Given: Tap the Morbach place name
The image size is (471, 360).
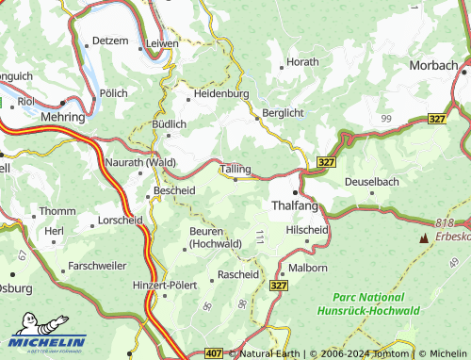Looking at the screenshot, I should tap(433, 65).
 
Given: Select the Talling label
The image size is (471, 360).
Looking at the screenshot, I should tap(236, 169).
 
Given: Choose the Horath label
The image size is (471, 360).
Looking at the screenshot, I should tap(302, 62).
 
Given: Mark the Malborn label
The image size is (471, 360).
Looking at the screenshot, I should tap(307, 268).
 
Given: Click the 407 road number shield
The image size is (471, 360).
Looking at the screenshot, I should tap(214, 353).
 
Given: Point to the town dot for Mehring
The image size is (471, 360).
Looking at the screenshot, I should tap(62, 103).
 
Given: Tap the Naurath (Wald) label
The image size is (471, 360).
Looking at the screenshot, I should tap(139, 163).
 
